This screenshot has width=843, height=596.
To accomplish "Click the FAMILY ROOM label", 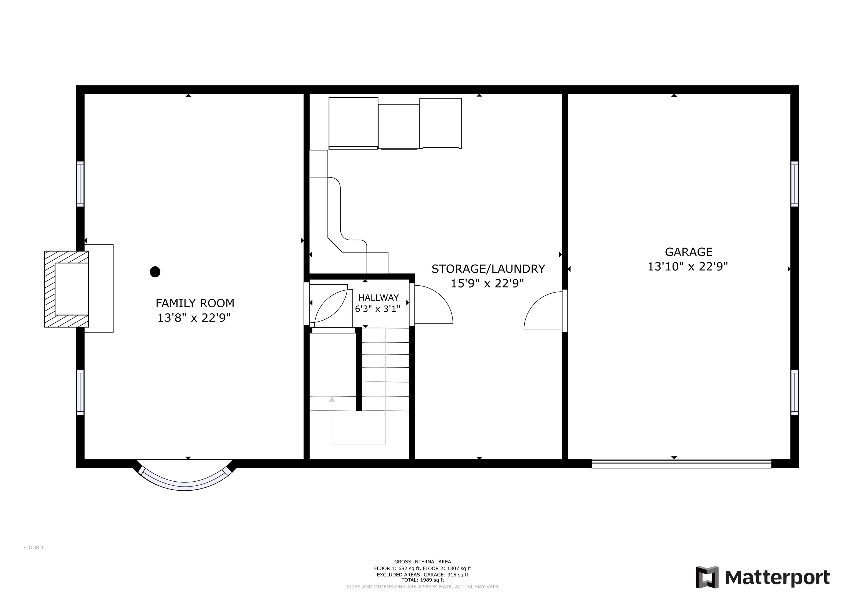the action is coord(195,303).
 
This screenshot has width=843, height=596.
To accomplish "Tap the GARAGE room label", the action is coord(689,252).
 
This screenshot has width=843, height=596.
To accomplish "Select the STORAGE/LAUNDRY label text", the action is coord(488,269).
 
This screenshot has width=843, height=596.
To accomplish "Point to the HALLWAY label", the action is coord(378,298).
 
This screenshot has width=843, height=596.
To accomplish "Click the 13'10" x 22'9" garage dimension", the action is coord(688,267).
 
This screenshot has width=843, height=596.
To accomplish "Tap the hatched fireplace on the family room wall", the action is coord(66,289).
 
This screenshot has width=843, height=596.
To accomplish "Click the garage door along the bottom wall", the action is coord(681,463).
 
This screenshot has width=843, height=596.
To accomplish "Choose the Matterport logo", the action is coord(763,578).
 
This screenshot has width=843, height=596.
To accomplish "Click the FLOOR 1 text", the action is coord(33,547).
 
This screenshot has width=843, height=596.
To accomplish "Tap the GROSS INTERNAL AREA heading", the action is coord(423,561).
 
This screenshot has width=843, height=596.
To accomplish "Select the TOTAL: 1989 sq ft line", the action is coord(423,580).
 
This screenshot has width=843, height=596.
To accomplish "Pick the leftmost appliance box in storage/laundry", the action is coord(353,123).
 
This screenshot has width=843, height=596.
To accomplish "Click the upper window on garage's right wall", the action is coord(794,184).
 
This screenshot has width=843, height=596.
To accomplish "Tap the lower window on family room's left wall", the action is coord(80,392).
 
